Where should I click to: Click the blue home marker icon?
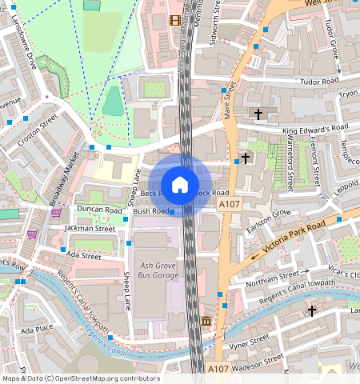[x=180, y=185]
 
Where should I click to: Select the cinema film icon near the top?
[x=174, y=20]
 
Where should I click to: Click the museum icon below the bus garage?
[x=206, y=322]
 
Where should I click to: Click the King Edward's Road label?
[x=315, y=127]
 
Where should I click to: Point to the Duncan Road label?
[x=99, y=210]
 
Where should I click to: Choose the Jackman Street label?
[x=90, y=228]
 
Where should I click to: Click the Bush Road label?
[x=150, y=211]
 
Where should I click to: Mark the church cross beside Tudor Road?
[x=258, y=114]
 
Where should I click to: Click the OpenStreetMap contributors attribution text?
[x=80, y=378]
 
